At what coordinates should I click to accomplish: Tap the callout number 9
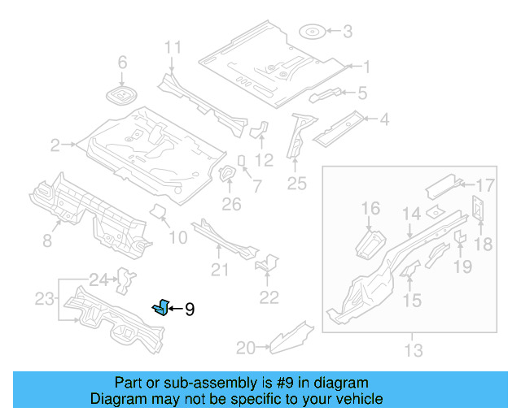tap(189, 309)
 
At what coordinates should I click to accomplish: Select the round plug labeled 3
tap(312, 32)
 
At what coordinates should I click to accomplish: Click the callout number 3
tap(348, 32)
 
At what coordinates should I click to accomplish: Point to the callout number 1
tap(366, 67)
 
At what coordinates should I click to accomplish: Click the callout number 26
tap(232, 204)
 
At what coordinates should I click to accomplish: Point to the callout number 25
tap(296, 184)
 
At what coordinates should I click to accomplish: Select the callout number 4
tap(383, 120)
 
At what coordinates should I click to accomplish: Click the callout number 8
tap(46, 240)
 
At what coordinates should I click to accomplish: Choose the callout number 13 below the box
tap(414, 351)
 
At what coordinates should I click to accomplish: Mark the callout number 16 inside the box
tap(370, 210)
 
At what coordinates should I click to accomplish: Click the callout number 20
tap(245, 349)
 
